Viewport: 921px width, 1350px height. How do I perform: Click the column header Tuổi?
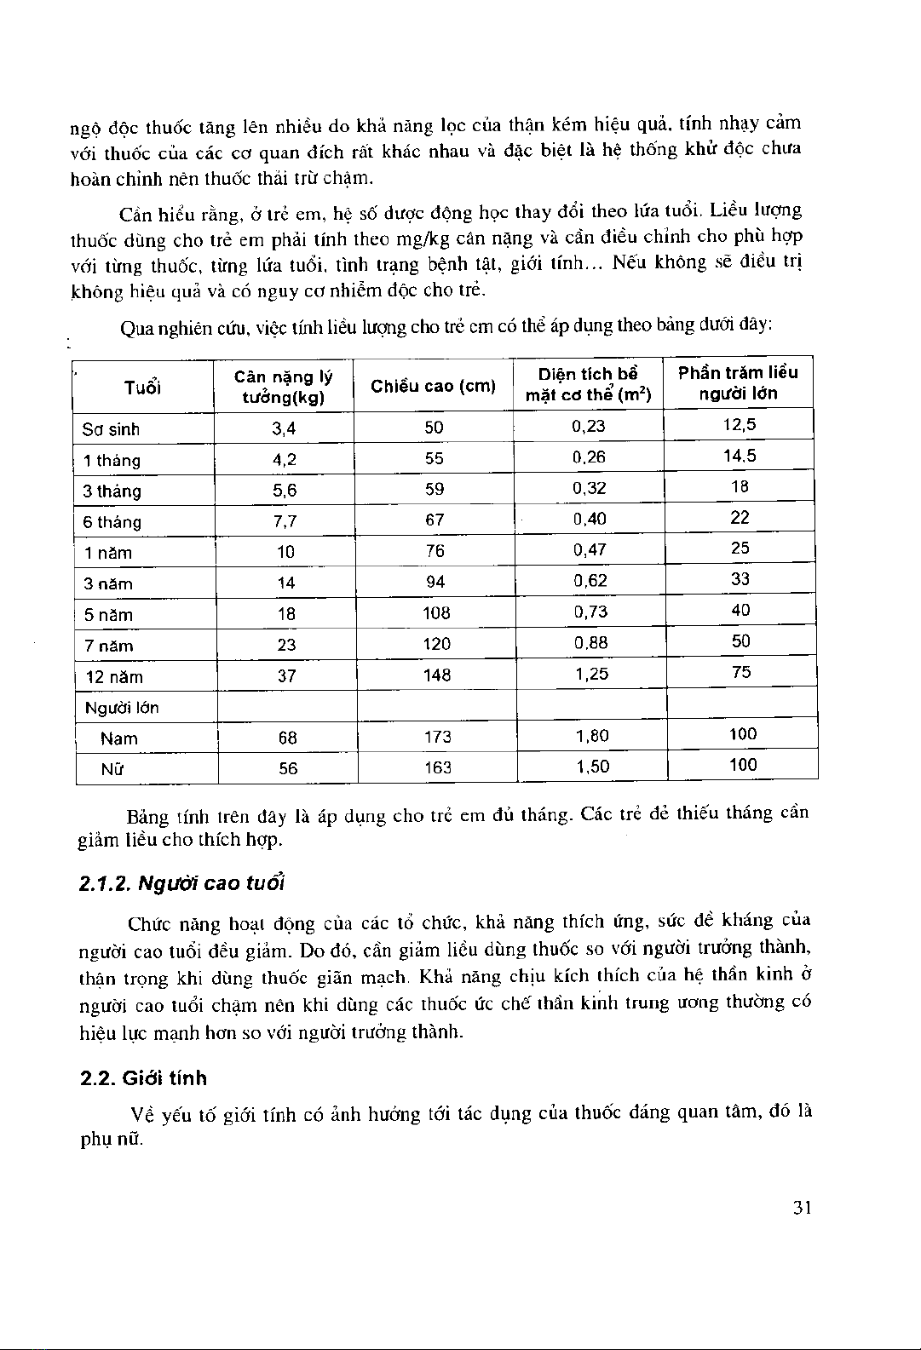[x=142, y=388]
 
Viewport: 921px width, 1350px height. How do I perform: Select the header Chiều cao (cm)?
[x=433, y=386]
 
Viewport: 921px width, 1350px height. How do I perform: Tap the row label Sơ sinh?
[x=111, y=429]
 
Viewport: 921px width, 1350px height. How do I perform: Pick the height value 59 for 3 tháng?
[x=435, y=490]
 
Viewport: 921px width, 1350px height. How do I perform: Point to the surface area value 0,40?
[x=590, y=519]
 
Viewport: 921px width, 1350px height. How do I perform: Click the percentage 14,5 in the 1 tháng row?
[x=740, y=456]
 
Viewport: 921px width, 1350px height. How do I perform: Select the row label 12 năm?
[x=114, y=677]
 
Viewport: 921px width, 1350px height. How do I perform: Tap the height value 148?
[x=436, y=675]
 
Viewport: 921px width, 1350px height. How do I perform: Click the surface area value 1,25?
[x=591, y=674]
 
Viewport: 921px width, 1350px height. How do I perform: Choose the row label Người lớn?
[x=122, y=708]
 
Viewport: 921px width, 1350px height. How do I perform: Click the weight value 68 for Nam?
[x=287, y=738]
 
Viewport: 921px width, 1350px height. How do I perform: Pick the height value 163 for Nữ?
[x=437, y=767]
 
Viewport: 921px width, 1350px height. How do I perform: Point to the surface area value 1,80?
[x=592, y=735]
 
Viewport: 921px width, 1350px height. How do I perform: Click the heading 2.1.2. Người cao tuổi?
[x=181, y=883]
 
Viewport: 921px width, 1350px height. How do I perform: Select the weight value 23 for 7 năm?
[x=286, y=645]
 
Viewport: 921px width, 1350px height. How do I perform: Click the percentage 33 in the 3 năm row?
[x=740, y=579]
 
